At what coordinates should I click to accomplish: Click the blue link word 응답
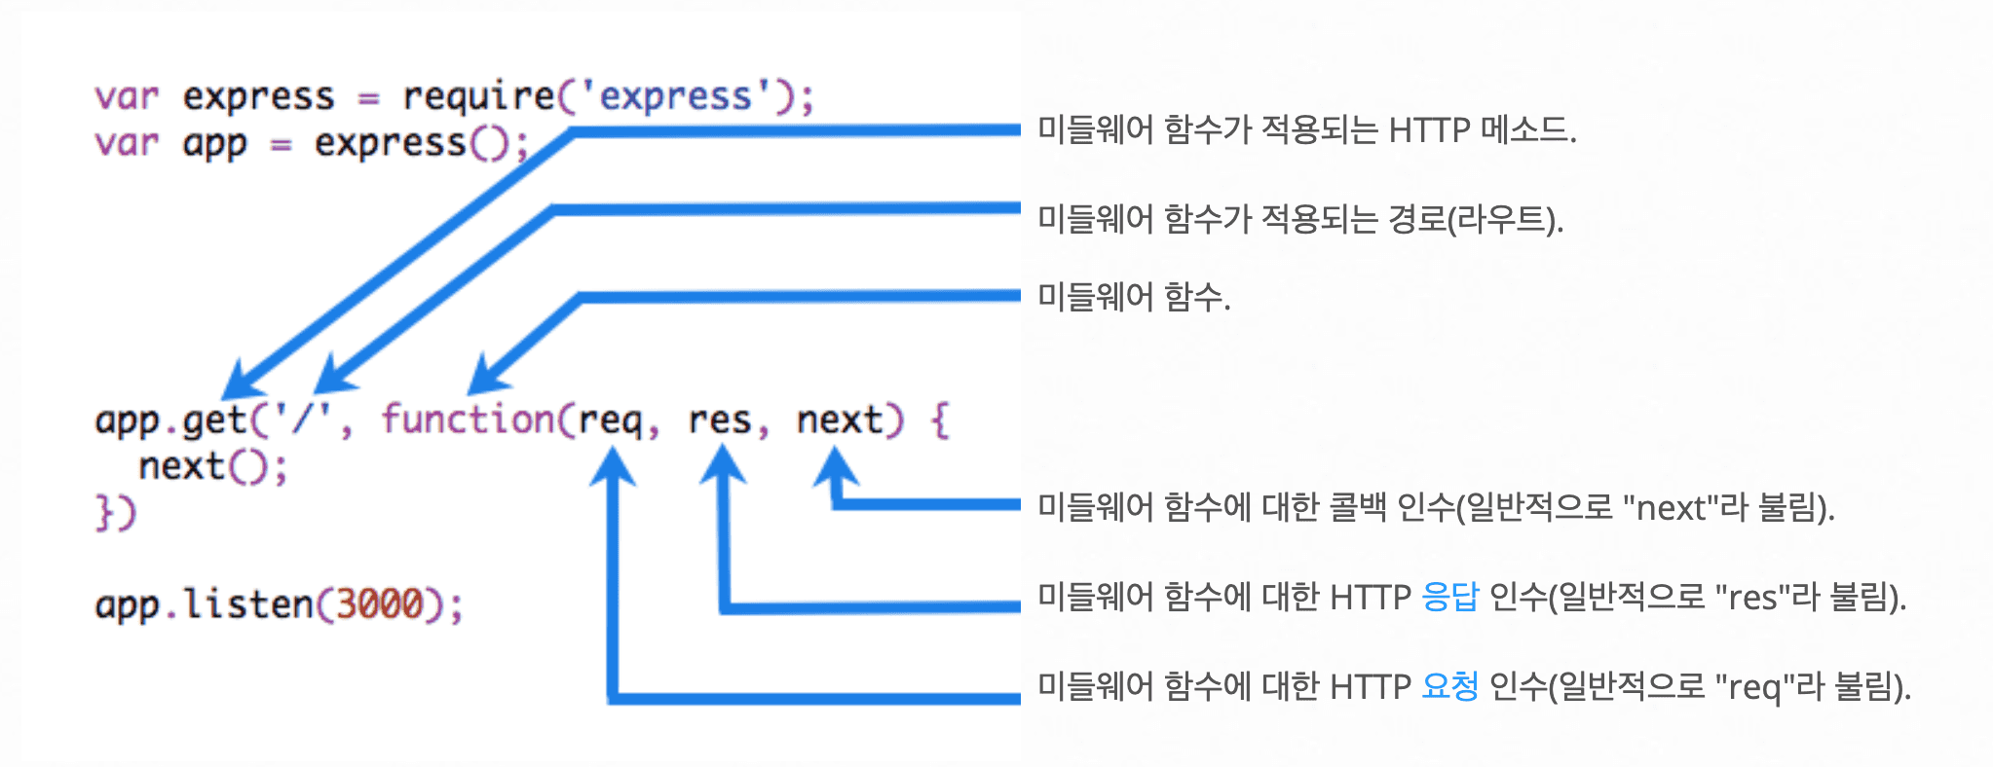click(x=1449, y=597)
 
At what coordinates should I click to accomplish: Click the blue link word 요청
click(x=1449, y=686)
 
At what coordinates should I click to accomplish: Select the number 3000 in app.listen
click(x=379, y=603)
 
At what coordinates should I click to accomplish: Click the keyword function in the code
click(x=468, y=419)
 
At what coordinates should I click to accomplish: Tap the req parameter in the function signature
click(x=610, y=421)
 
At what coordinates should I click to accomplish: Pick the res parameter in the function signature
click(x=719, y=420)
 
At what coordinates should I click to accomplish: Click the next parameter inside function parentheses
click(x=839, y=420)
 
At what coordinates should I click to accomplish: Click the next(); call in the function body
click(x=212, y=466)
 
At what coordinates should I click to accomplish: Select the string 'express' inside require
click(x=675, y=95)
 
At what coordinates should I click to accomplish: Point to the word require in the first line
click(x=478, y=96)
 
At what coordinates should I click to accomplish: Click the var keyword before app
click(x=127, y=143)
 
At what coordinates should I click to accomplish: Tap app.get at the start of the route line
click(x=170, y=420)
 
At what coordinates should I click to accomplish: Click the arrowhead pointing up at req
click(x=613, y=465)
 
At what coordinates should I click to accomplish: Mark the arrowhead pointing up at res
click(x=723, y=463)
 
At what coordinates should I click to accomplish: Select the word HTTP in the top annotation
click(x=1429, y=130)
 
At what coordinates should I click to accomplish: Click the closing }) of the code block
click(x=116, y=512)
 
